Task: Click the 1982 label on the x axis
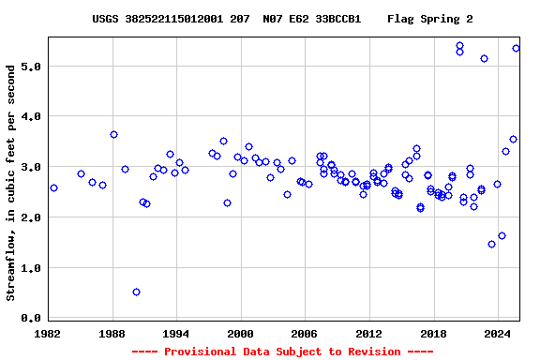click(x=48, y=333)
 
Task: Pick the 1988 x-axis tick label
click(x=112, y=333)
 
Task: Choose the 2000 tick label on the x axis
click(x=241, y=333)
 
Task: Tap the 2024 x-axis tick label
click(x=497, y=333)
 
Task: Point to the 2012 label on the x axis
click(x=368, y=333)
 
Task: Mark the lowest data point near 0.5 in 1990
click(x=136, y=292)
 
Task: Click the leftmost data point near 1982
click(x=53, y=187)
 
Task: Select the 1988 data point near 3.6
click(x=113, y=134)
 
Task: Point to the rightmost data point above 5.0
click(x=516, y=48)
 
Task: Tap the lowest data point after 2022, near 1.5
click(x=491, y=244)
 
